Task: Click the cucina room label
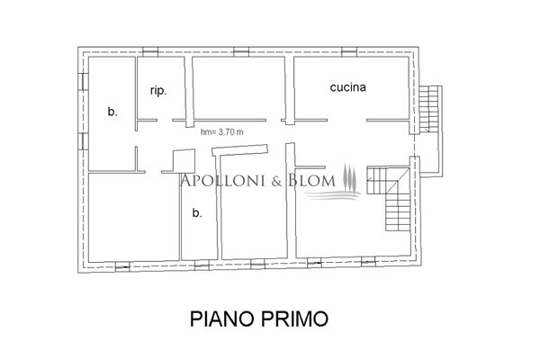pos(347,87)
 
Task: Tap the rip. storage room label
pos(158,91)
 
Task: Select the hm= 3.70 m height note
pos(222,132)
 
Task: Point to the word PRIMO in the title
pos(294,319)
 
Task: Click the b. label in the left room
pos(112,112)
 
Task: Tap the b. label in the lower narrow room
pos(196,213)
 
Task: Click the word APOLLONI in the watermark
pos(223,180)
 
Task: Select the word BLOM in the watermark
pos(311,180)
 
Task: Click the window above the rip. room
pos(150,51)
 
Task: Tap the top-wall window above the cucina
pos(349,51)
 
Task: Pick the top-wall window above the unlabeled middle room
pos(241,51)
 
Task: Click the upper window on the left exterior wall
pos(83,82)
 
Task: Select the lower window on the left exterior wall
pos(83,141)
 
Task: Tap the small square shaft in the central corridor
pos(184,160)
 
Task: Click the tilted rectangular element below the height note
pos(239,150)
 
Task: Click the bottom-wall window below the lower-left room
pos(122,266)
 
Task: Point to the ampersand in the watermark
pos(277,181)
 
